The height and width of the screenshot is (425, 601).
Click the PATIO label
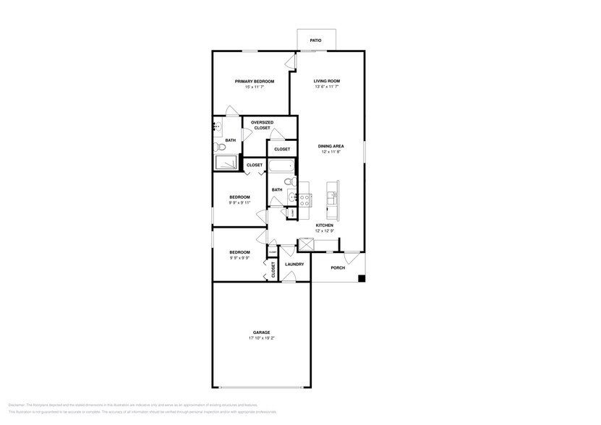[315, 40]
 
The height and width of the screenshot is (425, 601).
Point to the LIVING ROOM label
[326, 81]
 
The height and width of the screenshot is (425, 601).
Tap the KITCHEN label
[324, 226]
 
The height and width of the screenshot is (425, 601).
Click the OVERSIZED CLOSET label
[261, 125]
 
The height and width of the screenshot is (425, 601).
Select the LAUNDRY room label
[294, 265]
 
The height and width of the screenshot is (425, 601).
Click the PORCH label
[337, 267]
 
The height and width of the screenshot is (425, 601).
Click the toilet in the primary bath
[221, 147]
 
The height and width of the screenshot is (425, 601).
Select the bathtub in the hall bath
[279, 168]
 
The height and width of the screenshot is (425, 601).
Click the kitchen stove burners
[305, 200]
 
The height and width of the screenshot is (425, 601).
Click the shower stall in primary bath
[226, 163]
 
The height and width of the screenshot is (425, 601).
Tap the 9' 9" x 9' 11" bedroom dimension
[240, 203]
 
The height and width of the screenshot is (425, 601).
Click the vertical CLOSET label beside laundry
[273, 270]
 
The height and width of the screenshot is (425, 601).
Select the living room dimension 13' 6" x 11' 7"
[326, 87]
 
